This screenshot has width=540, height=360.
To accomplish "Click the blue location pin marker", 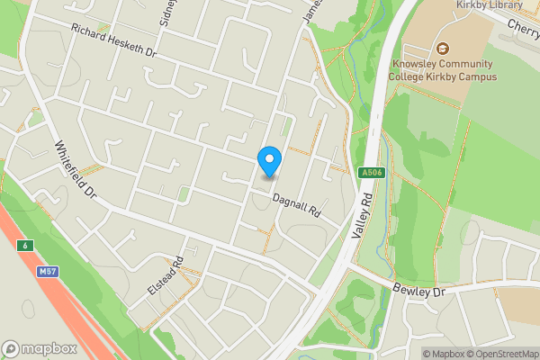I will (269, 161).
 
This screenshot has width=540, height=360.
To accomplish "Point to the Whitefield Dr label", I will (75, 170).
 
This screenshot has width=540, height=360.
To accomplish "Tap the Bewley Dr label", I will (419, 292).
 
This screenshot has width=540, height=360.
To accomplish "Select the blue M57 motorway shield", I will (49, 270).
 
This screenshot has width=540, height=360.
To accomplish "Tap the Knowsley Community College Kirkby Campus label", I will (442, 70).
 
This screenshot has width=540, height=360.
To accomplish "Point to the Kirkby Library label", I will (489, 5).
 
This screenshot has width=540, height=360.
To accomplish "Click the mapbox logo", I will (39, 348).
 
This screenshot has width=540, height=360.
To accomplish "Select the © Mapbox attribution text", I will (443, 354).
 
